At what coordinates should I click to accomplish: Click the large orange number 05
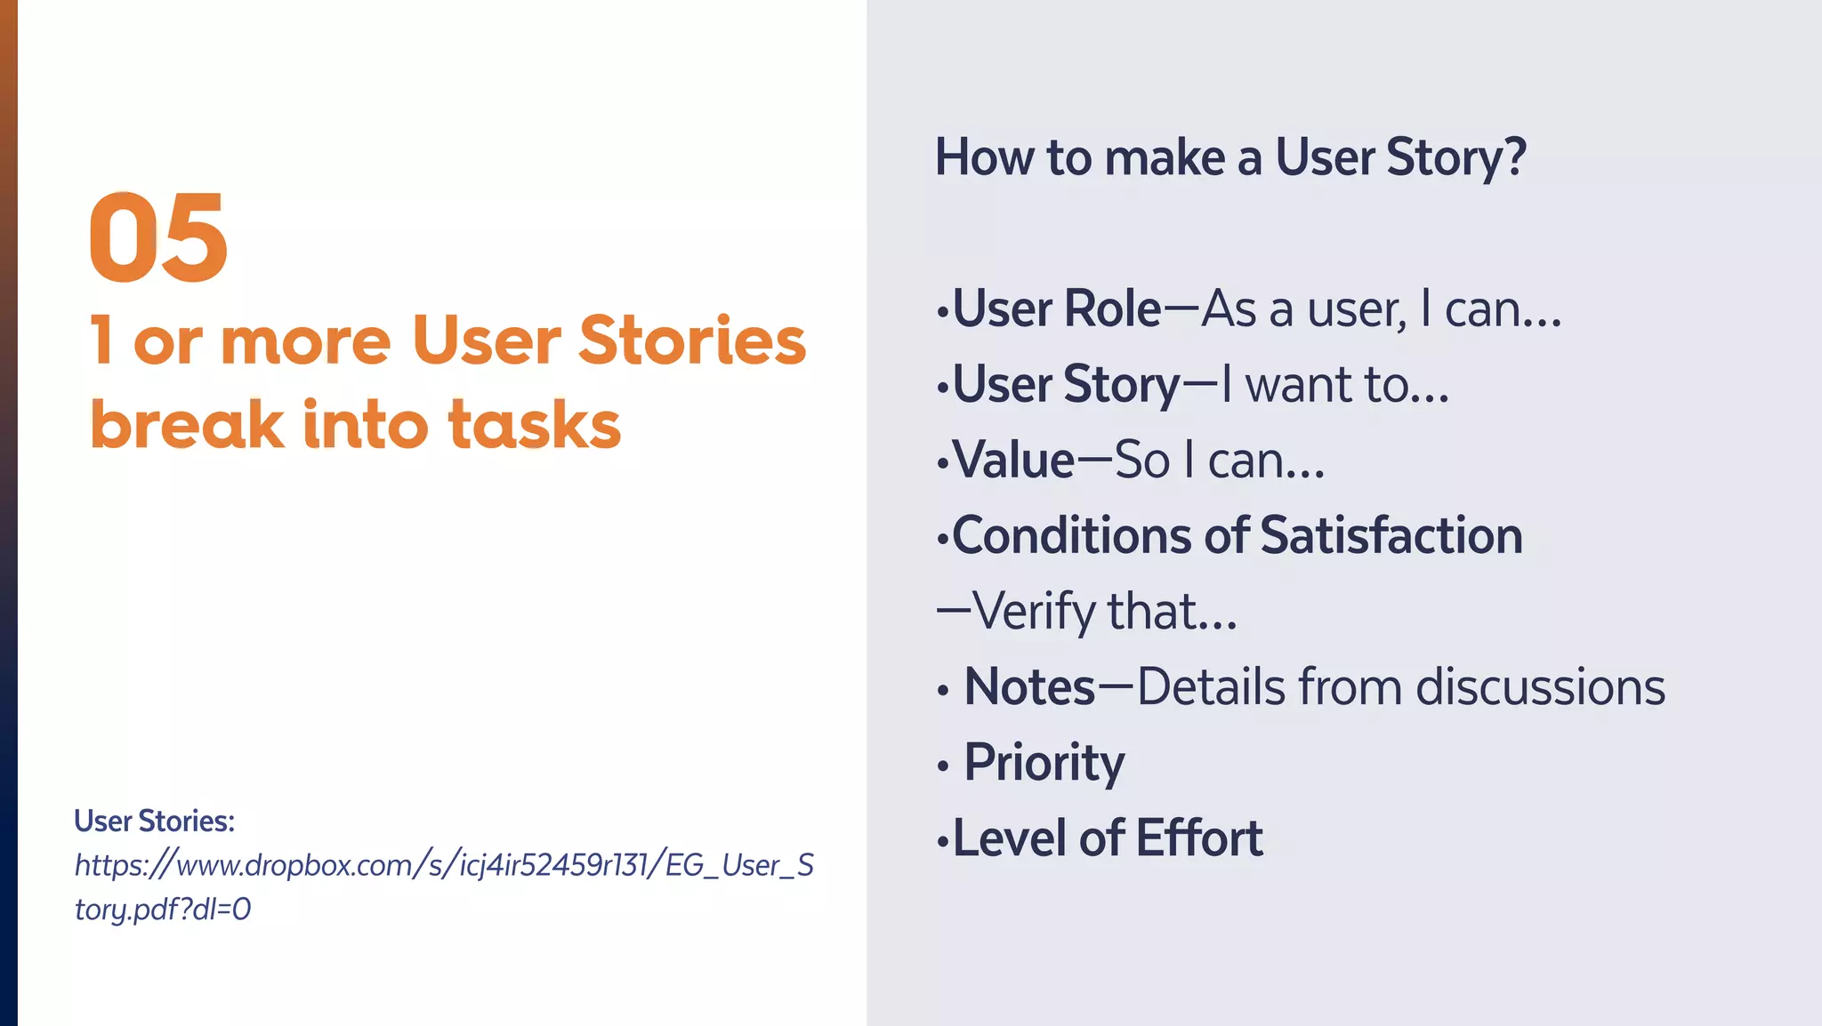pos(158,238)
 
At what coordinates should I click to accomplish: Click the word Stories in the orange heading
pos(692,341)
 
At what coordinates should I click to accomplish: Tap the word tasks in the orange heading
pos(534,425)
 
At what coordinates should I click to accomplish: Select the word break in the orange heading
pos(187,425)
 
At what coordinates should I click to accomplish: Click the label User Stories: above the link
pos(154,821)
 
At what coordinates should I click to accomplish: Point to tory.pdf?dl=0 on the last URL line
pos(163,909)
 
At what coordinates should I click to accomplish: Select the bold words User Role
pos(1057,309)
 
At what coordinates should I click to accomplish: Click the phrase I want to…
pos(1334,385)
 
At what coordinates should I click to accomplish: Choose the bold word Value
pos(1014,461)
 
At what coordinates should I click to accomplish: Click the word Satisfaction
pos(1391,536)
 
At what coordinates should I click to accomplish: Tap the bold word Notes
pos(1029,687)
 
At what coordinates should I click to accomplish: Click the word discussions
pos(1540,687)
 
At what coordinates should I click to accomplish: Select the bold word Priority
pos(1044,763)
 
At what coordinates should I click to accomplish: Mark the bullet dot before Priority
pos(943,765)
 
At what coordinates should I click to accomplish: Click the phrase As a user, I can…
pos(1381,309)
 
